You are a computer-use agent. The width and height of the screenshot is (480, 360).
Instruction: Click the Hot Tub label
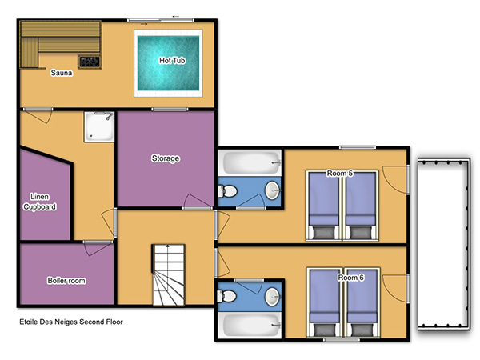pos(172,61)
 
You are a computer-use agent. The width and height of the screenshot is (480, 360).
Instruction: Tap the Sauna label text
pos(62,73)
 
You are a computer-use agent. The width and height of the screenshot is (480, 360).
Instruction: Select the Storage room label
pos(166,158)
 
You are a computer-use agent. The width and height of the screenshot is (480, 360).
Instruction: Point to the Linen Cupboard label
pos(40,202)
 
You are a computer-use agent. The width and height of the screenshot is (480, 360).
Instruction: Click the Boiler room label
pos(66,281)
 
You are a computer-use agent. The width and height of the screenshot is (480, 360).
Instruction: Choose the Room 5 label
pos(340,174)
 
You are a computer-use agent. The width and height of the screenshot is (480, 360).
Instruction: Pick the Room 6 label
pos(351,278)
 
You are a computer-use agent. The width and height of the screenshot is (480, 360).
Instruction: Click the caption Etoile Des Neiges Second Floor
pos(71,322)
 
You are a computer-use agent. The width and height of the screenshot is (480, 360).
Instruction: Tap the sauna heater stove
pos(90,62)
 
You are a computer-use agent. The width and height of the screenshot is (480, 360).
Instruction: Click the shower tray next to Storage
pos(99,126)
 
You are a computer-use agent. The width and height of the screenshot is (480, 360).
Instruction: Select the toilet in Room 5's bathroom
pos(227,192)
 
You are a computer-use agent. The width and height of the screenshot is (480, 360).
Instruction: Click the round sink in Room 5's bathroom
pos(272,190)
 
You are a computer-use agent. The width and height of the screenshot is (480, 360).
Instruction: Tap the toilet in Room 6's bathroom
pos(227,296)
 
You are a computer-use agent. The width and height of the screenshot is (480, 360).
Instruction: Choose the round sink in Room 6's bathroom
pos(272,297)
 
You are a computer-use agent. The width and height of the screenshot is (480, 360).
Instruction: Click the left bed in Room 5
pos(323,206)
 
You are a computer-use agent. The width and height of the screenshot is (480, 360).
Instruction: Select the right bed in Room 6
pos(362,303)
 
